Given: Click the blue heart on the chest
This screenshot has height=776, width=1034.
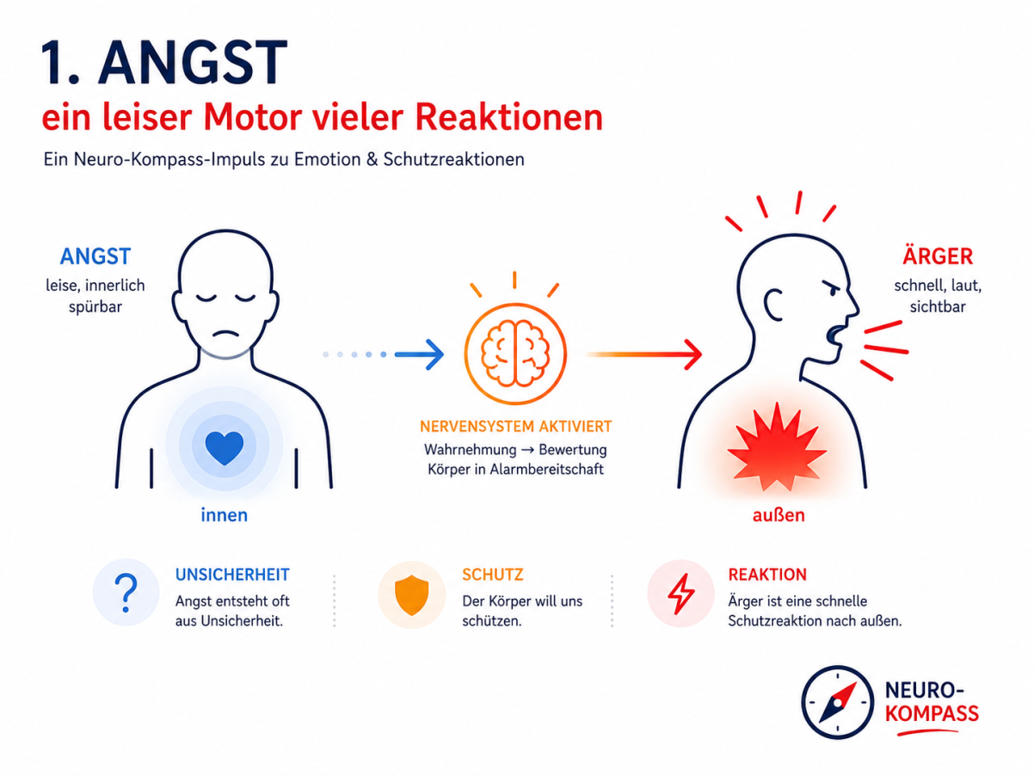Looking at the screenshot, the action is point(225,447).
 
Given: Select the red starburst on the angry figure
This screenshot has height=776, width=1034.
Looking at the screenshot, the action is point(777,447).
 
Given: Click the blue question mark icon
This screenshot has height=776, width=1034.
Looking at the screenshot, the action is point(126,593).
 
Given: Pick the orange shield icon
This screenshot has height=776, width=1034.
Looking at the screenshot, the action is point(411,594).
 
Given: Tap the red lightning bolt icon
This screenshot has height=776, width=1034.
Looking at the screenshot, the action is point(680,594).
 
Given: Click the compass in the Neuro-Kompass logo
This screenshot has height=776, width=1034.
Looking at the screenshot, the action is point(838,702).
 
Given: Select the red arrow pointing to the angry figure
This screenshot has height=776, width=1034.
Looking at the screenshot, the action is point(644,354).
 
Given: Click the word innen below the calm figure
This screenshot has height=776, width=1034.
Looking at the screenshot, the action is point(225,515).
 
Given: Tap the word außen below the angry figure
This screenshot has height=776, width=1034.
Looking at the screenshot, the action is point(779,515).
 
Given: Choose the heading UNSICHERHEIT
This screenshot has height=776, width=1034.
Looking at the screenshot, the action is point(232,575).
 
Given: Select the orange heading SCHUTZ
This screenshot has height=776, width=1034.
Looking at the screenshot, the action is point(493,575).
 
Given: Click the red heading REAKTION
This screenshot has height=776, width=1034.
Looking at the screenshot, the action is point(767,575).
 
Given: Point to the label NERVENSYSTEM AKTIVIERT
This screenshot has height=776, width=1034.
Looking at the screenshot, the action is point(515,427).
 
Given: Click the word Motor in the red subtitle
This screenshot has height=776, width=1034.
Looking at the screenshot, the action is point(252,117).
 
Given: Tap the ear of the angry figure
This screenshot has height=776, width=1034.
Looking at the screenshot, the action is point(772,305).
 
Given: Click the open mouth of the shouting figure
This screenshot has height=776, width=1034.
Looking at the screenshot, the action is point(834,335).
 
